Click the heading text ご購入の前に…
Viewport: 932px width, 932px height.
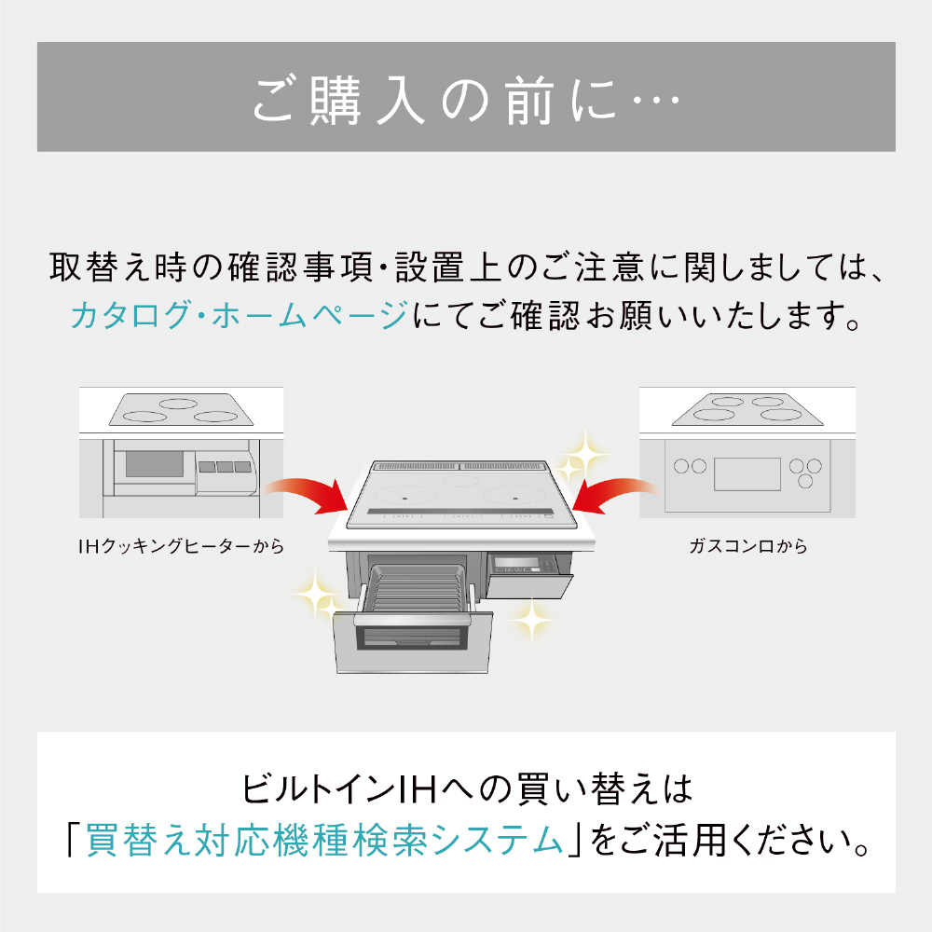tap(466, 100)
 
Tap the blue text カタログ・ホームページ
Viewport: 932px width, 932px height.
tap(240, 315)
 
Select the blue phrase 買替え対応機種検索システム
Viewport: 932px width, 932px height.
tap(324, 841)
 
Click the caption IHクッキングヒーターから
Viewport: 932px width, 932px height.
tap(182, 545)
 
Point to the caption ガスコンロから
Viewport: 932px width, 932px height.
tap(748, 545)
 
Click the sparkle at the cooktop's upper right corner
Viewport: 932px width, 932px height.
tap(582, 458)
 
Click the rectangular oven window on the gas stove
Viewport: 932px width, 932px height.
tap(747, 473)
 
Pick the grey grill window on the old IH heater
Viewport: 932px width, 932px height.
tap(155, 463)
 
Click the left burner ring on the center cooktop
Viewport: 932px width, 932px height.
tap(405, 497)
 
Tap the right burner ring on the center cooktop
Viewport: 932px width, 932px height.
tap(514, 497)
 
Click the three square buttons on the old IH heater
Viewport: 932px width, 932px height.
tap(225, 467)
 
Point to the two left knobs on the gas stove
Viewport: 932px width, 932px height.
tap(690, 466)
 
